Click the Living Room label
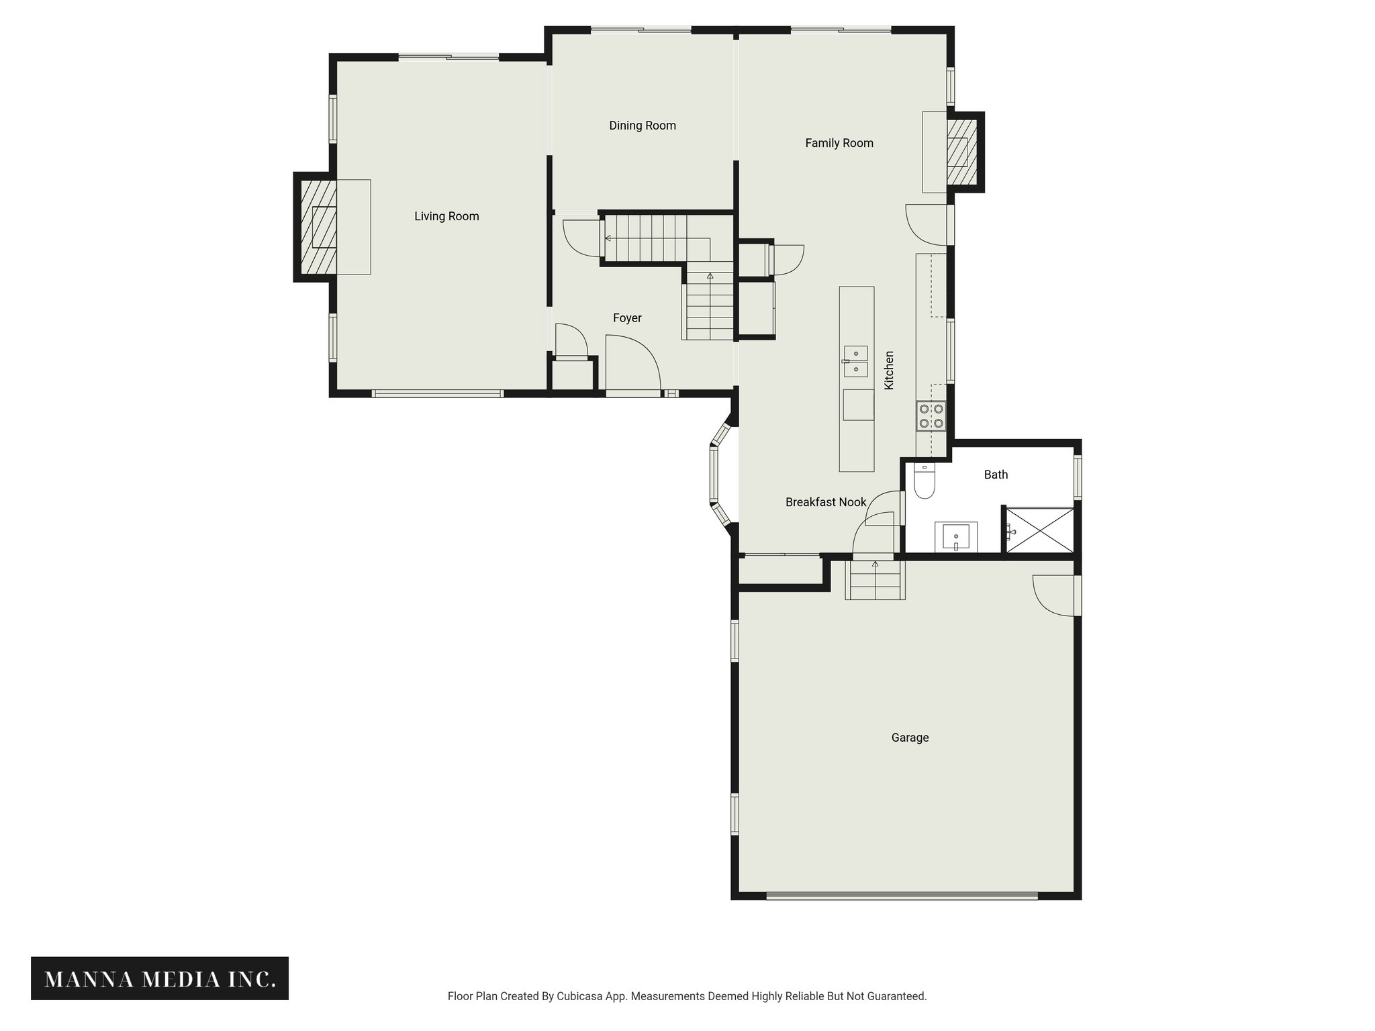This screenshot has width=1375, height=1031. [x=446, y=216]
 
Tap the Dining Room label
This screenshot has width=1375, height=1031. [x=642, y=126]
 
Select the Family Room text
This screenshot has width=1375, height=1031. [x=839, y=143]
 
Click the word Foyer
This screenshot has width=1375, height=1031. [x=627, y=318]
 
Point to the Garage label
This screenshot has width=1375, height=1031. [x=910, y=738]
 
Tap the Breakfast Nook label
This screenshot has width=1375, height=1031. [x=825, y=502]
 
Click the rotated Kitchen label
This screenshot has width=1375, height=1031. [x=889, y=370]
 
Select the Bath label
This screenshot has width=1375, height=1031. [x=996, y=475]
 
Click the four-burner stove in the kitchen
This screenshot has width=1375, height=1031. [x=931, y=415]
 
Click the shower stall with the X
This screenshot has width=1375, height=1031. [x=1039, y=530]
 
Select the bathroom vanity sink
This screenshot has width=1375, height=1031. [x=956, y=537]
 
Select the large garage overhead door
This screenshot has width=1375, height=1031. [x=902, y=895]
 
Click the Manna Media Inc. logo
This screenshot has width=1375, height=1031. [x=160, y=979]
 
